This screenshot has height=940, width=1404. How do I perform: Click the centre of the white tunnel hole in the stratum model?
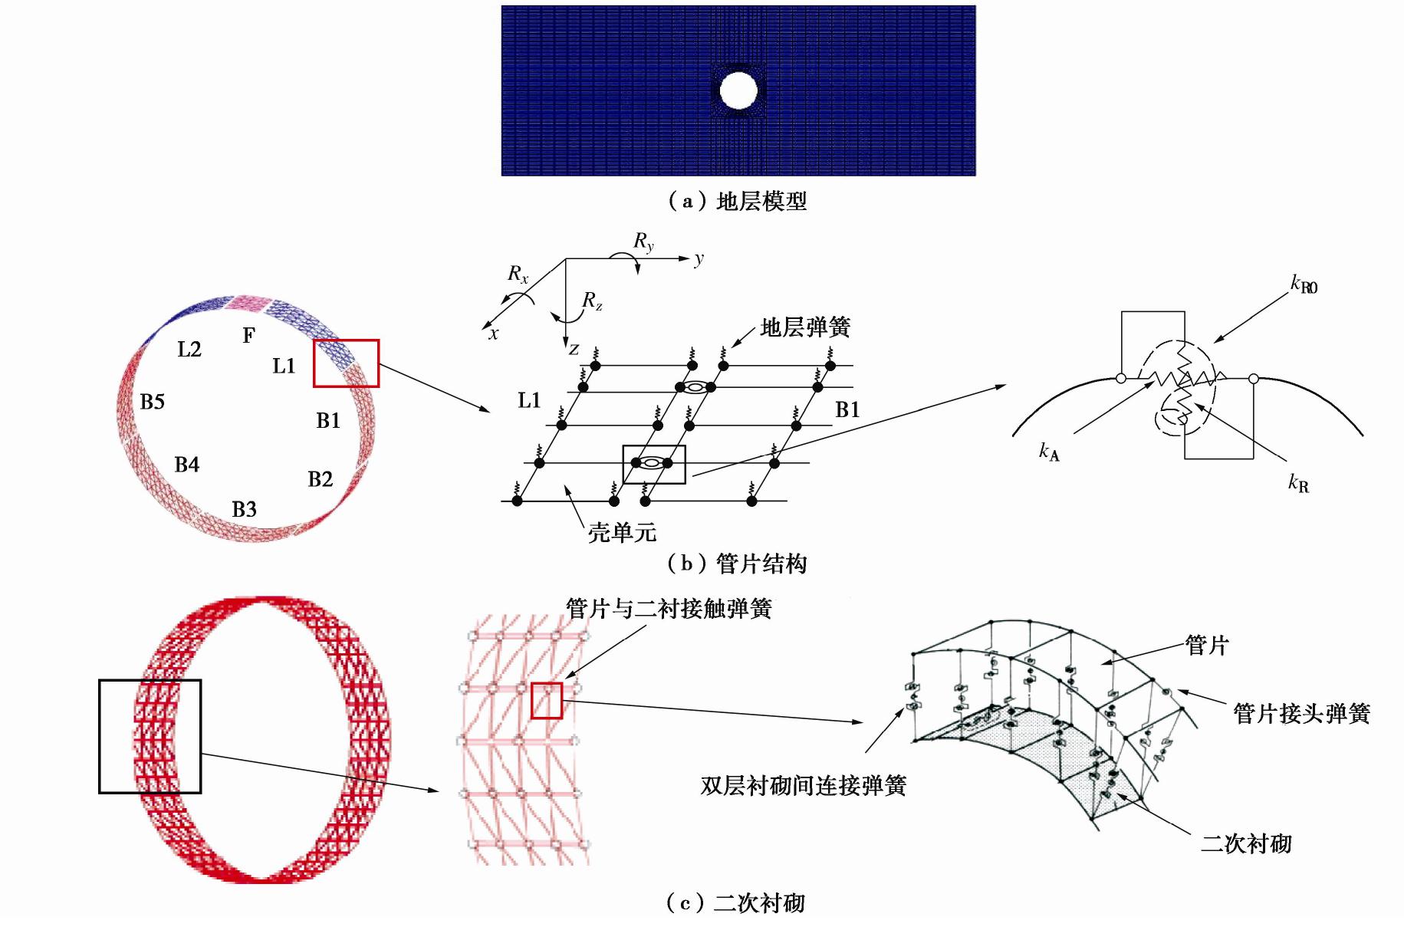pyautogui.click(x=738, y=90)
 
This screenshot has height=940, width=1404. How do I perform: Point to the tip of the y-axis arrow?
pyautogui.click(x=690, y=259)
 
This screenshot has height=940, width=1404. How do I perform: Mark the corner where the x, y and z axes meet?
pyautogui.click(x=566, y=259)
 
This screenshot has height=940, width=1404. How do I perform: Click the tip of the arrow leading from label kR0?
pyautogui.click(x=1214, y=342)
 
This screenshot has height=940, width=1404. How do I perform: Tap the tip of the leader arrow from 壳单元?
pyautogui.click(x=566, y=486)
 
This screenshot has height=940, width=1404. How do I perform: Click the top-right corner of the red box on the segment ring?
pyautogui.click(x=378, y=340)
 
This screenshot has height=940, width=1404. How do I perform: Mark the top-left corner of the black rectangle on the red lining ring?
pyautogui.click(x=100, y=680)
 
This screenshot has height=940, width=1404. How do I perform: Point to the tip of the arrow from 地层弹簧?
pyautogui.click(x=732, y=347)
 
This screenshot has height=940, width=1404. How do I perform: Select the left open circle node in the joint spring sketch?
pyautogui.click(x=1120, y=378)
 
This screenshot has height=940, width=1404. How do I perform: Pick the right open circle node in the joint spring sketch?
pyautogui.click(x=1253, y=378)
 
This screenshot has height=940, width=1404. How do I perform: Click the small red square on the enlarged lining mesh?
pyautogui.click(x=547, y=701)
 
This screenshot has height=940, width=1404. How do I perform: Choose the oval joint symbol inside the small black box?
pyautogui.click(x=651, y=462)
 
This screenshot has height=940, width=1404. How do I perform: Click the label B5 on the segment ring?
pyautogui.click(x=153, y=402)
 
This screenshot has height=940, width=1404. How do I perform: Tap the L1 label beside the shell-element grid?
pyautogui.click(x=529, y=400)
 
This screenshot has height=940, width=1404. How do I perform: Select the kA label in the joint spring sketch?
pyautogui.click(x=1049, y=452)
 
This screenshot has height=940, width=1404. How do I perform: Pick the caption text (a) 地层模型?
pyautogui.click(x=737, y=202)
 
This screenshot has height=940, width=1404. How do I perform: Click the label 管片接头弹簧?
pyautogui.click(x=1301, y=714)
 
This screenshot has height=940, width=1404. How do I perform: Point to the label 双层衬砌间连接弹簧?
pyautogui.click(x=803, y=786)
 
